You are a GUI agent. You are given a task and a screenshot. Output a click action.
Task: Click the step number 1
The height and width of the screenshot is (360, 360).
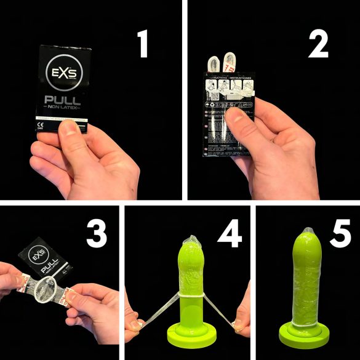pyautogui.click(x=143, y=44)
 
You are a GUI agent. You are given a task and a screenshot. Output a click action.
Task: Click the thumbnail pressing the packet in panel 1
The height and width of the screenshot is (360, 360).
pyautogui.click(x=73, y=129)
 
